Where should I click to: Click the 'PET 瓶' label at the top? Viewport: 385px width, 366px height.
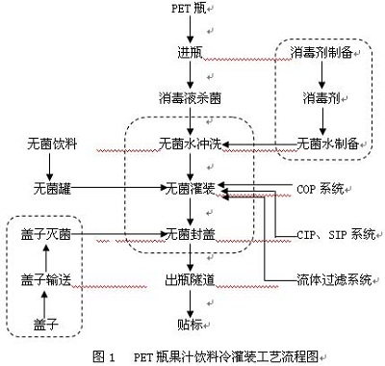pos(189,9)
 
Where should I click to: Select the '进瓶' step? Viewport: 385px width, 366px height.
pos(191,53)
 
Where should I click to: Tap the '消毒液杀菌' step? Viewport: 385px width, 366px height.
pos(191,98)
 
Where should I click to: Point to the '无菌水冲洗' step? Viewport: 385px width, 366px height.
pos(191,144)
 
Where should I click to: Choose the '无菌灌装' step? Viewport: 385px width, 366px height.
pos(190,189)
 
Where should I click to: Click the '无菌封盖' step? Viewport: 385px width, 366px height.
pos(190,234)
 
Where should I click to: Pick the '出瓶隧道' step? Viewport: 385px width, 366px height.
pos(190,279)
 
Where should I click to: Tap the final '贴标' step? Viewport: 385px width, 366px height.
pos(191,325)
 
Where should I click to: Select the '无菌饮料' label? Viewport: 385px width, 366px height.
pos(52,144)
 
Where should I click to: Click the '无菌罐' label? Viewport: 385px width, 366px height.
pos(52,189)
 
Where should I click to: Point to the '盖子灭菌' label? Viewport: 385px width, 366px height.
pos(46,234)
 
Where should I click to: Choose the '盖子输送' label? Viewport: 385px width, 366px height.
pos(46,279)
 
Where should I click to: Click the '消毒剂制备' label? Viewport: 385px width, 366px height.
pos(322,53)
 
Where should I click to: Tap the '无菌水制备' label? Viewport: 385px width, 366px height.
pos(328,144)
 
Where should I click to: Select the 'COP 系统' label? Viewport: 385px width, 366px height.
pos(321,189)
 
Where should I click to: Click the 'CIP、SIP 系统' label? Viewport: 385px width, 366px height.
pos(336,234)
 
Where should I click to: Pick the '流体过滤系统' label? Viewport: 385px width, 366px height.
pos(334,279)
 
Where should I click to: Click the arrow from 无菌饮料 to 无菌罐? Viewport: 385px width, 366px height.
pos(49,167)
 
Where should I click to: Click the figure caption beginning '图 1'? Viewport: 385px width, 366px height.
pos(205,356)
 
